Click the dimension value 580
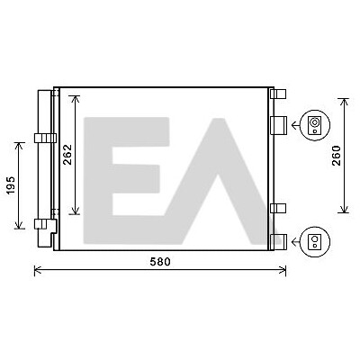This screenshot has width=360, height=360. coord(160,262)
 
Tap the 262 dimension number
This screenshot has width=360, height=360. coord(68,155)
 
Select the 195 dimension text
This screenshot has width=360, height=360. coord(11,185)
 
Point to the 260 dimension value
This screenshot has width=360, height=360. coord(337,156)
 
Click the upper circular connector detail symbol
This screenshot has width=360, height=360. coord(315,125)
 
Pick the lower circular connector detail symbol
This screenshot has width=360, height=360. coord(315,241)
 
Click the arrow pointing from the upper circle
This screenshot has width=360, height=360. coord(296,125)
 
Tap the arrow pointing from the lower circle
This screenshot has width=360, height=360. coord(296,241)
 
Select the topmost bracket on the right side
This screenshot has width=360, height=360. coord(278,94)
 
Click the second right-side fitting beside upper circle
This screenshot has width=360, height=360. coord(279,125)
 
